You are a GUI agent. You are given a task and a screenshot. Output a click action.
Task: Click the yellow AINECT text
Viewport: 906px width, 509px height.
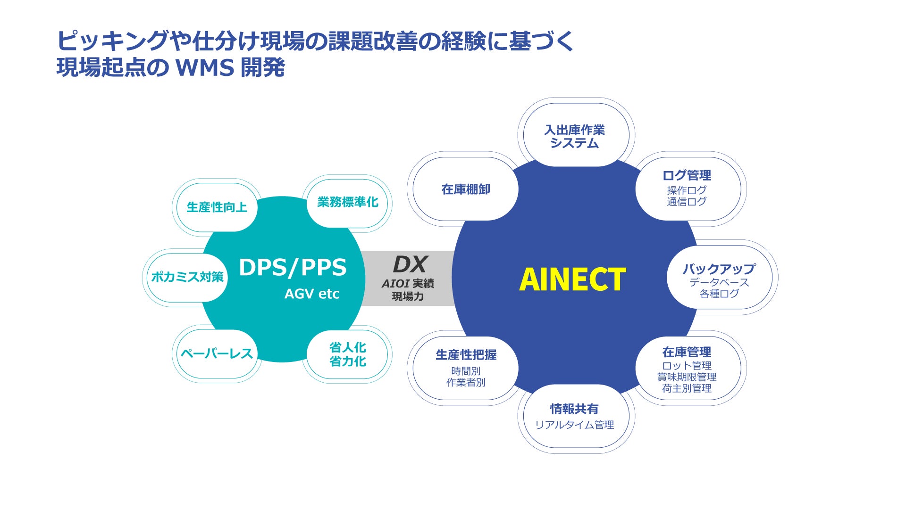[x=572, y=279]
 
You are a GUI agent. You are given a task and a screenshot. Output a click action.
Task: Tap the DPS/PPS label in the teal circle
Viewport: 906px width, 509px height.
[x=293, y=267]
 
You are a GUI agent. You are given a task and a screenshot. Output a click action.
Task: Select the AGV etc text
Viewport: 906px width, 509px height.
[x=311, y=294]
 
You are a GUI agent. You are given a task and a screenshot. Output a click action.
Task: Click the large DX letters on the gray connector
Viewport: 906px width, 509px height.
[x=410, y=264]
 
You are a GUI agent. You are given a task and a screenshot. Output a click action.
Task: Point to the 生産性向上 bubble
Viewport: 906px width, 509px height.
[x=217, y=207]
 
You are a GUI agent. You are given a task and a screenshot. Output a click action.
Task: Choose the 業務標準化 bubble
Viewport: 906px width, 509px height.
[x=348, y=202]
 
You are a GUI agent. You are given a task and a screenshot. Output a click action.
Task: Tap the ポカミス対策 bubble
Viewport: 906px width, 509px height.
[x=187, y=277]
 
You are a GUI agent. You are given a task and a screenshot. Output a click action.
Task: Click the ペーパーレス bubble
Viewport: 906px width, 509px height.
[x=217, y=354]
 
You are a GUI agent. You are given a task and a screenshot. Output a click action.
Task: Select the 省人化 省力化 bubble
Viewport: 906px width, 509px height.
[x=348, y=354]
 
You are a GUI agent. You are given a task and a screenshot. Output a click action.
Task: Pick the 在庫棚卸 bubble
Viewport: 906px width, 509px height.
[x=466, y=189]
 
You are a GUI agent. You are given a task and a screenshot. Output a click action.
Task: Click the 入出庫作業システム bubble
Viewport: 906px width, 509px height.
[x=574, y=136]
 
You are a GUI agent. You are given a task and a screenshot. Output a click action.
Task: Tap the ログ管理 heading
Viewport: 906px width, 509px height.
[x=687, y=175]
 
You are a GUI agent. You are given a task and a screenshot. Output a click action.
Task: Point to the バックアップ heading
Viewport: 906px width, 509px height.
[x=719, y=269]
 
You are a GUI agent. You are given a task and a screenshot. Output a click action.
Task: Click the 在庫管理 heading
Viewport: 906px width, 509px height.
[x=687, y=352]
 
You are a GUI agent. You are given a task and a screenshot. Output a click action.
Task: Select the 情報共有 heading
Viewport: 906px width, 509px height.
[x=574, y=409]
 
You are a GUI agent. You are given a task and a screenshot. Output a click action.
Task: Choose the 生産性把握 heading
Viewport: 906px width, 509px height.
[x=466, y=355]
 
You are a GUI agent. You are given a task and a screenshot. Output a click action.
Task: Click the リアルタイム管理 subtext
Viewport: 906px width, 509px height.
[x=574, y=425]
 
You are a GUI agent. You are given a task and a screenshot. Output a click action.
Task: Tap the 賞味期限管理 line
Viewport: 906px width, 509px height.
[x=687, y=377]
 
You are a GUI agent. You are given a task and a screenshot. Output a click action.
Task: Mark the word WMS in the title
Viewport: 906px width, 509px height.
[x=205, y=68]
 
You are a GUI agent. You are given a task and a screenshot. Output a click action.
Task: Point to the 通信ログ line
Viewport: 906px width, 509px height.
[x=687, y=202]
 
